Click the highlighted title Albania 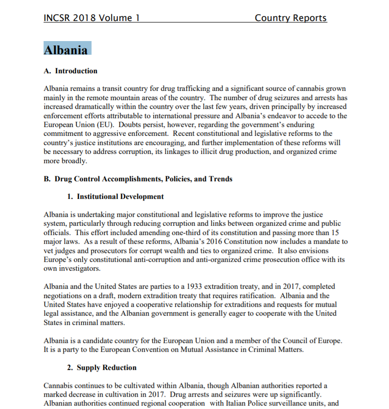pos(66,50)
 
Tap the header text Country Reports pos(290,18)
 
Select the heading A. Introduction pos(70,71)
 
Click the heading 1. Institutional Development pos(115,196)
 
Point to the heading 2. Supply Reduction pos(102,367)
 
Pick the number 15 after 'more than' pos(335,233)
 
